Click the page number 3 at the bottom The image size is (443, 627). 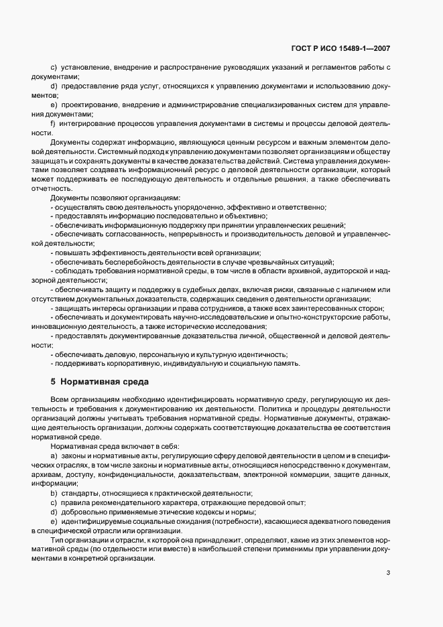pos(389,572)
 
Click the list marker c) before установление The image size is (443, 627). pos(53,68)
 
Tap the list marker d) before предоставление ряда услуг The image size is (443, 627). pos(53,87)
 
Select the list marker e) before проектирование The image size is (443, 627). pos(53,105)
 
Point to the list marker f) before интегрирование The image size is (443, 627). pos(52,124)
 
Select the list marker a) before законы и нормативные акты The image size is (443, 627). pos(53,455)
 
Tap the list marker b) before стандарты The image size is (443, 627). pos(53,492)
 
